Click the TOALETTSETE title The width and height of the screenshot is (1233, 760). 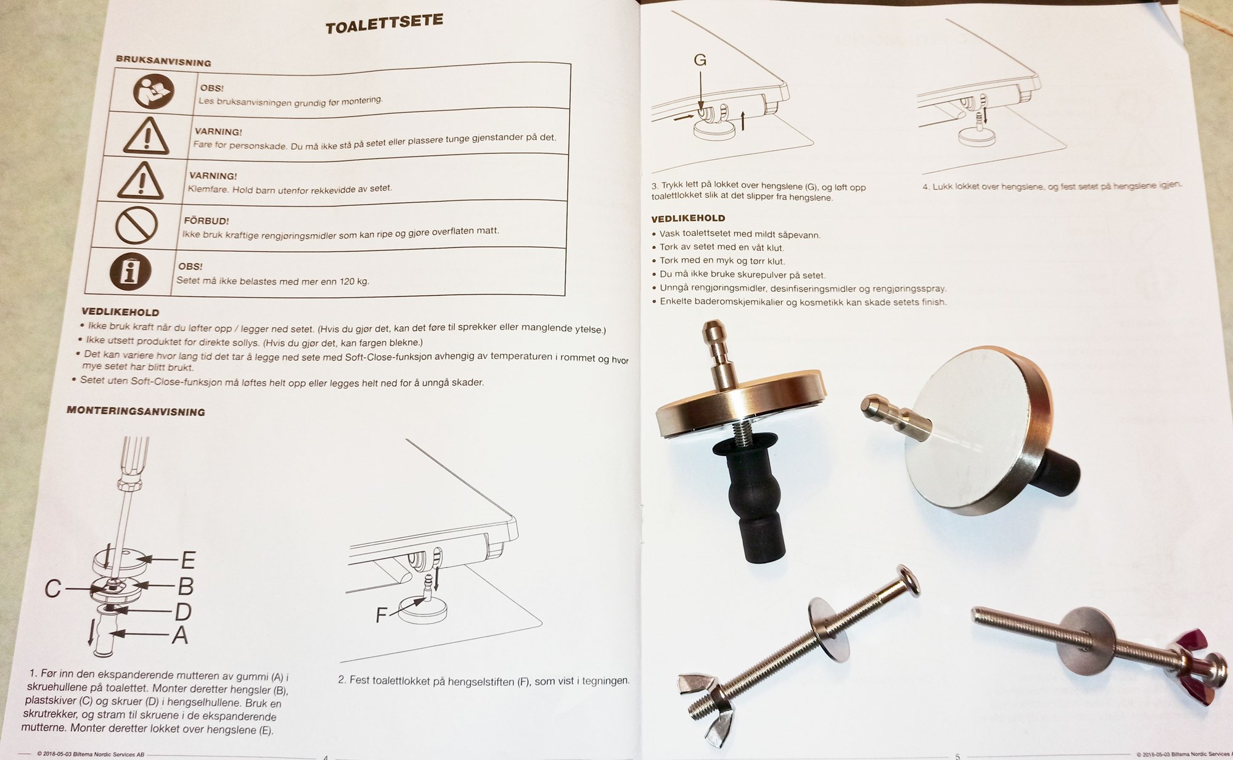click(384, 23)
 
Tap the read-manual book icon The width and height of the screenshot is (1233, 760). click(154, 91)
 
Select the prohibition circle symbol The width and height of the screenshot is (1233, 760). click(136, 225)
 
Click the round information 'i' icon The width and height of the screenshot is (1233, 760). click(130, 271)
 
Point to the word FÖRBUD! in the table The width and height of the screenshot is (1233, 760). click(206, 221)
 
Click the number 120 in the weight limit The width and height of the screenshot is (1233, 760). click(347, 281)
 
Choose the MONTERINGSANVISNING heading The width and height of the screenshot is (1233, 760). click(136, 411)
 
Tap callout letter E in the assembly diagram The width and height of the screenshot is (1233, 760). click(188, 560)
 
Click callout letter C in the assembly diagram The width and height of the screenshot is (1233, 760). click(52, 589)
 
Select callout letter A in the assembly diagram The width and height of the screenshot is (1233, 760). click(179, 634)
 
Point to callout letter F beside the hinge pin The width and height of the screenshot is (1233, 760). click(382, 615)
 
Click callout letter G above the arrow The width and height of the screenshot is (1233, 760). click(700, 60)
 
